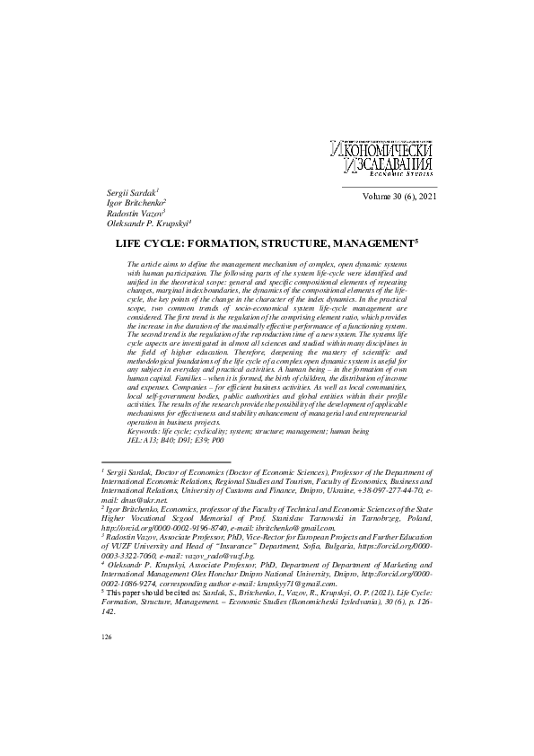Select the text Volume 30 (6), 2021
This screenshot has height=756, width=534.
tap(398, 196)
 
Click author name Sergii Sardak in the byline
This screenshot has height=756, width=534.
tap(131, 193)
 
